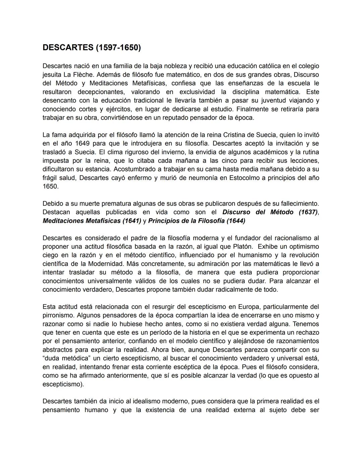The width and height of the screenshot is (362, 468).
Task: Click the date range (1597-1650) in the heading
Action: pyautogui.click(x=118, y=48)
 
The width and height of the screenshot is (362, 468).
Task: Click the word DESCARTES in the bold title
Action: pyautogui.click(x=68, y=48)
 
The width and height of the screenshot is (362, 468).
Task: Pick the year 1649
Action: pyautogui.click(x=82, y=143)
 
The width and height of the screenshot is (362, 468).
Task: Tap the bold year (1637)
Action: pyautogui.click(x=308, y=212)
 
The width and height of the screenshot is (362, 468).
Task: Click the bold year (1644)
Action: pyautogui.click(x=236, y=221)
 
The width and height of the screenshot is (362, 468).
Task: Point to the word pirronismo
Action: pyautogui.click(x=58, y=315)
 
